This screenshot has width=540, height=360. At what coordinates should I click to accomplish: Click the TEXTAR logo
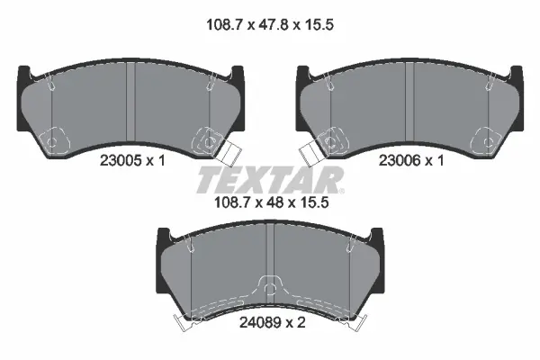[x=270, y=180]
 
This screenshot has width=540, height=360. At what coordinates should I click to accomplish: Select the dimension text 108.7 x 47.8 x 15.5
[x=270, y=25]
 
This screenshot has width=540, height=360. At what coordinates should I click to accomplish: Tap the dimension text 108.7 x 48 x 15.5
[x=272, y=202]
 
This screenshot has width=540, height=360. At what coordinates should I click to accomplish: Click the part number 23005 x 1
[x=132, y=160]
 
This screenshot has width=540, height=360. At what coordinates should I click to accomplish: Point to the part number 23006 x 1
[x=411, y=160]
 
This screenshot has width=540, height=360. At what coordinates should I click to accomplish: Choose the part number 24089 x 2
[x=272, y=323]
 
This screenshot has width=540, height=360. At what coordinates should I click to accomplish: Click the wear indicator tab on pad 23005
[x=229, y=154]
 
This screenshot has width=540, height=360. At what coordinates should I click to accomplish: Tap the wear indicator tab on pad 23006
[x=311, y=154]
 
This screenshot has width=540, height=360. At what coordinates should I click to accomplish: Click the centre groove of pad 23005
[x=130, y=103]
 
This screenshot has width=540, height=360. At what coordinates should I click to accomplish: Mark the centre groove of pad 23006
[x=409, y=103]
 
